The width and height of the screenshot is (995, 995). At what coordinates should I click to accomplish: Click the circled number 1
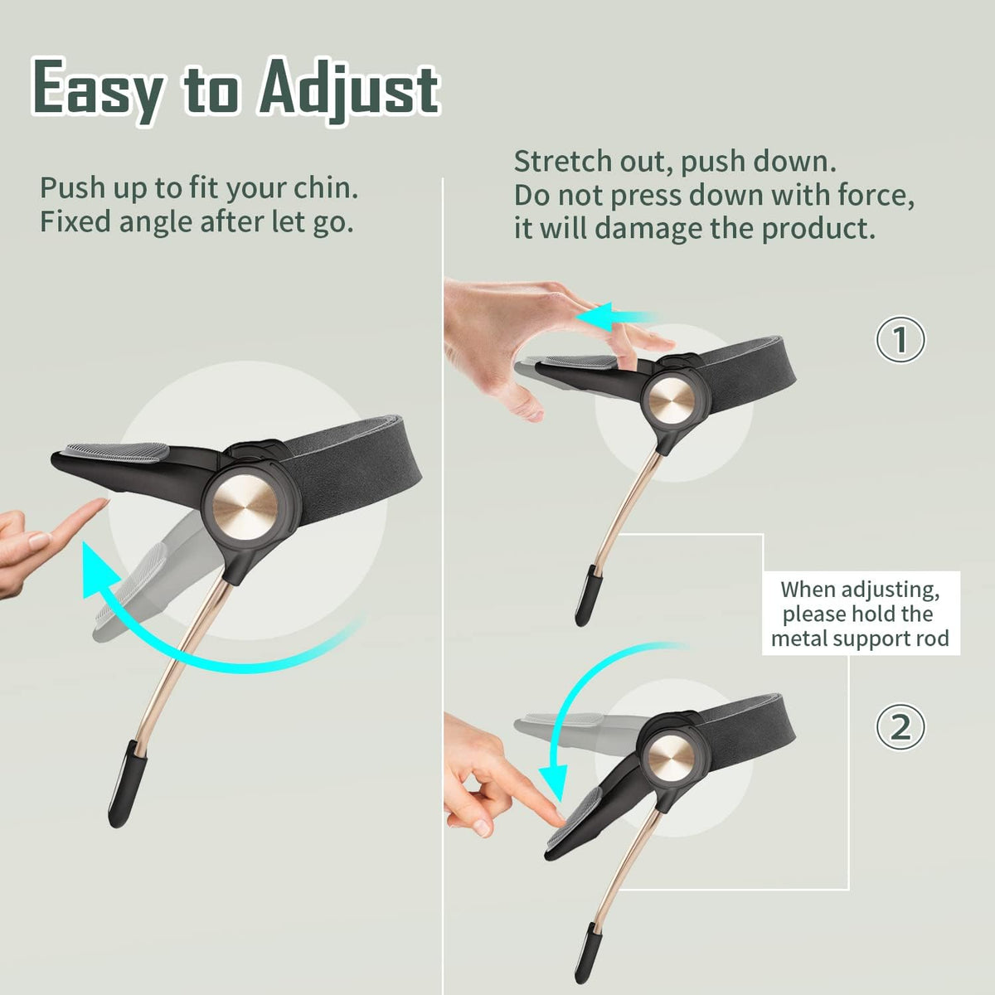coord(900,339)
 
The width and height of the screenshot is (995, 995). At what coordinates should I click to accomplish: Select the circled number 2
coord(900,727)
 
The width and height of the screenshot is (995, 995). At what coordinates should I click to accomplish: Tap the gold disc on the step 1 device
coord(672,401)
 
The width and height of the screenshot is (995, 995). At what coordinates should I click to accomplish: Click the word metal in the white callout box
coord(798,638)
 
